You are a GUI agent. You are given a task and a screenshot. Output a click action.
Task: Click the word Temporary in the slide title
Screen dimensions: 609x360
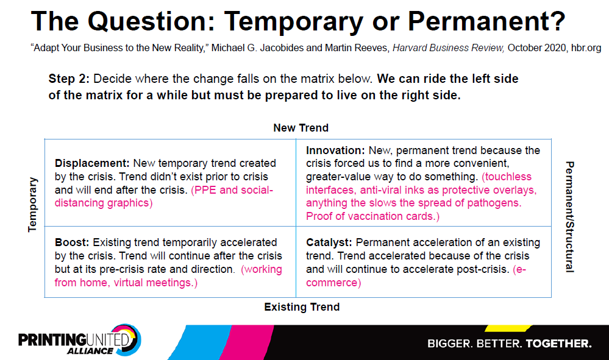pyautogui.click(x=293, y=22)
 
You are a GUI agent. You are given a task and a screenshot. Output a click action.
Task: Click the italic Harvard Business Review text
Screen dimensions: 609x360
pyautogui.click(x=448, y=48)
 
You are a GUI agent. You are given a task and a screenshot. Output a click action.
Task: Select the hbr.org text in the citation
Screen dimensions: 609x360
pyautogui.click(x=586, y=48)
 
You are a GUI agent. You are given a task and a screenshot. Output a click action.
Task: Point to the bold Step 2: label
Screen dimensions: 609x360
pyautogui.click(x=69, y=79)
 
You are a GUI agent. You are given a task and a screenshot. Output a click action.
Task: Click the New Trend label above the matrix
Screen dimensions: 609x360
pyautogui.click(x=301, y=128)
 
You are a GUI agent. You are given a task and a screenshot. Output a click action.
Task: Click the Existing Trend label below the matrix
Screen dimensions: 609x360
pyautogui.click(x=302, y=307)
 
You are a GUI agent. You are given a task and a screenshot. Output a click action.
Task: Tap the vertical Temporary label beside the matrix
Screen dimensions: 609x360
pyautogui.click(x=33, y=205)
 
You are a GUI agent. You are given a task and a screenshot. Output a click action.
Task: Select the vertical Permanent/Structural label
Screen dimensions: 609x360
pyautogui.click(x=569, y=217)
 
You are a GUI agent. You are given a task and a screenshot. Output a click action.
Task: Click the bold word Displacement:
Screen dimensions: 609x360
pyautogui.click(x=92, y=163)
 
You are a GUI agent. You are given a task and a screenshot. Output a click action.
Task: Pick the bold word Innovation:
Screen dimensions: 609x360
pyautogui.click(x=335, y=150)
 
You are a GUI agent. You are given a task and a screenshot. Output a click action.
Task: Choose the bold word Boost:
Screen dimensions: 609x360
pyautogui.click(x=72, y=242)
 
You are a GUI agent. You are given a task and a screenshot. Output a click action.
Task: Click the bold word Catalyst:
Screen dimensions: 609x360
pyautogui.click(x=329, y=243)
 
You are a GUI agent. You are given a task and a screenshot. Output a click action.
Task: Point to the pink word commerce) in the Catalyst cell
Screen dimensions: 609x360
pyautogui.click(x=333, y=283)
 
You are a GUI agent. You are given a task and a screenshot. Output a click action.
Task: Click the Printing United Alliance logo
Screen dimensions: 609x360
pyautogui.click(x=80, y=341)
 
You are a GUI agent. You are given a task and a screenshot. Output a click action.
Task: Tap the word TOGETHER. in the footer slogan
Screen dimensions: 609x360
pyautogui.click(x=558, y=344)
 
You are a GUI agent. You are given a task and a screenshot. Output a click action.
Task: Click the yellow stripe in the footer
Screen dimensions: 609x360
pyautogui.click(x=508, y=328)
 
